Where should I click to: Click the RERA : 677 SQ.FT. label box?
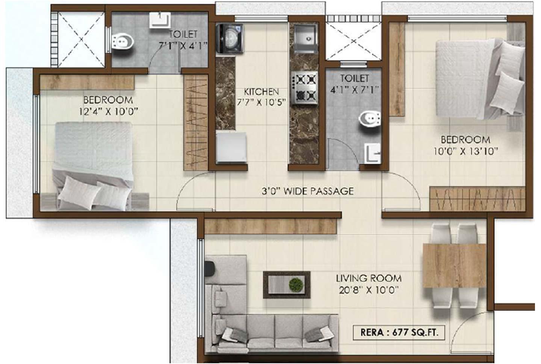pos(399,332)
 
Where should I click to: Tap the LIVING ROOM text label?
pos(368,278)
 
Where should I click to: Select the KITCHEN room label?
pos(261,91)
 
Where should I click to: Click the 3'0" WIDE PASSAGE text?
pos(307,191)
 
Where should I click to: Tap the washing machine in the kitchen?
pos(230,37)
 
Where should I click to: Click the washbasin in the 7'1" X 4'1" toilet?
pos(160,20)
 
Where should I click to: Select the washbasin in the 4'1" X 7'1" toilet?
pos(372,153)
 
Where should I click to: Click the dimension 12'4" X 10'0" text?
pos(108,112)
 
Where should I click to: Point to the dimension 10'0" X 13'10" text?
pos(465,151)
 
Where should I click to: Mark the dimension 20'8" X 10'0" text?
pos(368,290)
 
